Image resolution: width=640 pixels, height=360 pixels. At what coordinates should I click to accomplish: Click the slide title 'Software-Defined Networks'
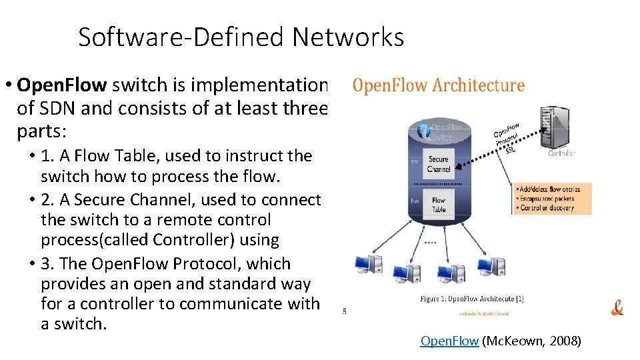coord(241,37)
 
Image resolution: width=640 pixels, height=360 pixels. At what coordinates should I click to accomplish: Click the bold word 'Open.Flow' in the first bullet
coord(62,85)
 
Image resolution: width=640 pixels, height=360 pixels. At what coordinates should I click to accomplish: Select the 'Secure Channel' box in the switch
coord(439,164)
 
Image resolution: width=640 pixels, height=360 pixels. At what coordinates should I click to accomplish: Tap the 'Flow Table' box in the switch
coord(439,205)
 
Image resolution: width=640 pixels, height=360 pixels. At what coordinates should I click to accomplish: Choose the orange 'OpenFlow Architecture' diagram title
coord(438,85)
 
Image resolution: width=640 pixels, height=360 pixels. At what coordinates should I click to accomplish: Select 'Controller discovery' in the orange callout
coord(550,207)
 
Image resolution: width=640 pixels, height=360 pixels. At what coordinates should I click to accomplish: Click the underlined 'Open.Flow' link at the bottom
coord(449,341)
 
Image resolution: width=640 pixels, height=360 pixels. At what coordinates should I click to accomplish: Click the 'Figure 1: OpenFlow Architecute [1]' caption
coord(471,299)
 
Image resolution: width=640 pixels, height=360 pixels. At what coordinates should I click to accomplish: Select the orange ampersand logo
coord(617,308)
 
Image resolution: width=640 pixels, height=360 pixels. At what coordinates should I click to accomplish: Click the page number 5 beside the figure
coord(344,311)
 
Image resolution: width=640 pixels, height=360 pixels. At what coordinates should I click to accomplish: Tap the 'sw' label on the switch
coord(414,161)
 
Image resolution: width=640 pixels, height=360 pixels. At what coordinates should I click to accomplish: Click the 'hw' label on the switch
coord(414,201)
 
